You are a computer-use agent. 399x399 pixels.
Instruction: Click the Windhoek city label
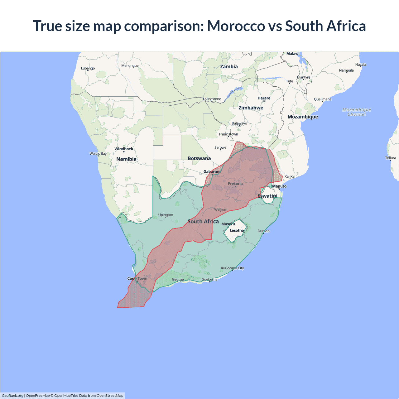[x=124, y=149]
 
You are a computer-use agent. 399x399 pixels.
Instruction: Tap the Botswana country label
[x=199, y=158]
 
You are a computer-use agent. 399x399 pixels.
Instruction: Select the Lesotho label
[x=237, y=231]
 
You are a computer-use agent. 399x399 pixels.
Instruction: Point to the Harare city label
[x=264, y=98]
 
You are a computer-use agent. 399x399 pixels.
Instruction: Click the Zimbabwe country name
[x=251, y=108]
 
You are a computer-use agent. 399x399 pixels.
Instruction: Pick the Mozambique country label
[x=303, y=117]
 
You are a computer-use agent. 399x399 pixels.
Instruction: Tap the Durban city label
[x=264, y=231]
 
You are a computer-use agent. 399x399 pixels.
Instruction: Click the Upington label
[x=166, y=215]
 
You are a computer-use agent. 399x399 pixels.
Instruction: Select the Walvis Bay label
[x=98, y=153]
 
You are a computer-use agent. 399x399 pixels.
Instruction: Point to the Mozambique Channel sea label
[x=357, y=112]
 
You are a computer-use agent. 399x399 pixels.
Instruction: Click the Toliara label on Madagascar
[x=390, y=158]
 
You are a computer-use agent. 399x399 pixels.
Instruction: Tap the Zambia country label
[x=229, y=67]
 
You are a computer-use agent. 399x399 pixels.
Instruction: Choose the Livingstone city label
[x=212, y=99]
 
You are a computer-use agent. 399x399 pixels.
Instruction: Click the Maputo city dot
[x=279, y=189]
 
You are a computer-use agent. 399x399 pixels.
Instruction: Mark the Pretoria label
[x=235, y=184]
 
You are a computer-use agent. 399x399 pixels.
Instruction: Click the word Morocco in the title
[x=236, y=26]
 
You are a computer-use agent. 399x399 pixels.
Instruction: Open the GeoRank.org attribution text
[x=12, y=396]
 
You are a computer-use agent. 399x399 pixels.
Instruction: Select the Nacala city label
[x=361, y=65]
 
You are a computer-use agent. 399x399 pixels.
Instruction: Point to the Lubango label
[x=88, y=68]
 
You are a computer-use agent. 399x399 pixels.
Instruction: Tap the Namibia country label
[x=126, y=159]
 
